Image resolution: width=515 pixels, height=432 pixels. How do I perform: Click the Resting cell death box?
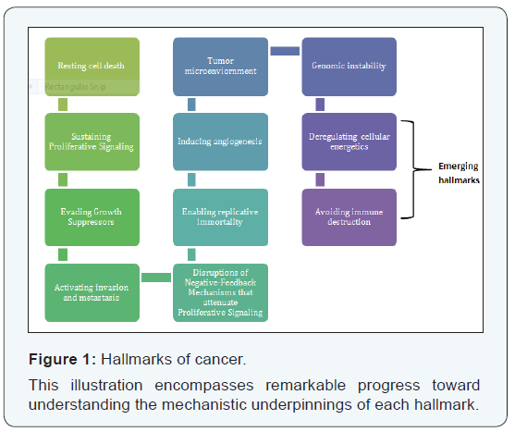coord(92,67)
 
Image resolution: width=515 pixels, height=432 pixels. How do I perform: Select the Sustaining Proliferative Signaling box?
coord(92,142)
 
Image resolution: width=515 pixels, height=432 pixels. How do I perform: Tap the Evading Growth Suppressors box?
coord(92,217)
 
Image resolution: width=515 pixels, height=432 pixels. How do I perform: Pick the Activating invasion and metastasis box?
coord(92,292)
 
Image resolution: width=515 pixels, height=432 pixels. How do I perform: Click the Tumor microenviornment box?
coord(220,67)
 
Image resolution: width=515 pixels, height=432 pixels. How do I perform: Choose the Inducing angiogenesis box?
coord(220,142)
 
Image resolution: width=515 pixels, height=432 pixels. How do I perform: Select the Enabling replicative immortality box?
coord(220,217)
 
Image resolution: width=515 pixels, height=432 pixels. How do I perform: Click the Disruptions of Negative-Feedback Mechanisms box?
coord(220,292)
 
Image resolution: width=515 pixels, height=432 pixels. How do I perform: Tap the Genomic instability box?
coord(349,67)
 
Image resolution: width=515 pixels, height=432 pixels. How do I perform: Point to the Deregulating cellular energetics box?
coord(349,142)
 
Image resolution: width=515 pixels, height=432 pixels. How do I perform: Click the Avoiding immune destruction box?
coord(349,217)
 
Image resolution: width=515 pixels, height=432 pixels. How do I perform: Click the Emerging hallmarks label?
coord(459,173)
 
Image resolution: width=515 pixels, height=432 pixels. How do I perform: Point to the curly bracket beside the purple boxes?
coord(413,169)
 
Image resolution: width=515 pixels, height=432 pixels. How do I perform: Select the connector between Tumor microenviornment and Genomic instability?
coord(285,51)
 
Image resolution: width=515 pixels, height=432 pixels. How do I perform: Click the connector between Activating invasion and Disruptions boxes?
coord(156,278)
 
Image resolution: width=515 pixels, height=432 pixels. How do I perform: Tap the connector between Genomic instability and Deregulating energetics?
coord(320,105)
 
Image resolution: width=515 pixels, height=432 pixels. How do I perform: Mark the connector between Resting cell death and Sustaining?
coord(63,105)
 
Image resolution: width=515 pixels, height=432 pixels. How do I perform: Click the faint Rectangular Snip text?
coord(75,87)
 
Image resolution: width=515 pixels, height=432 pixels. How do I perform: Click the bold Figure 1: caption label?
coord(62,359)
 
